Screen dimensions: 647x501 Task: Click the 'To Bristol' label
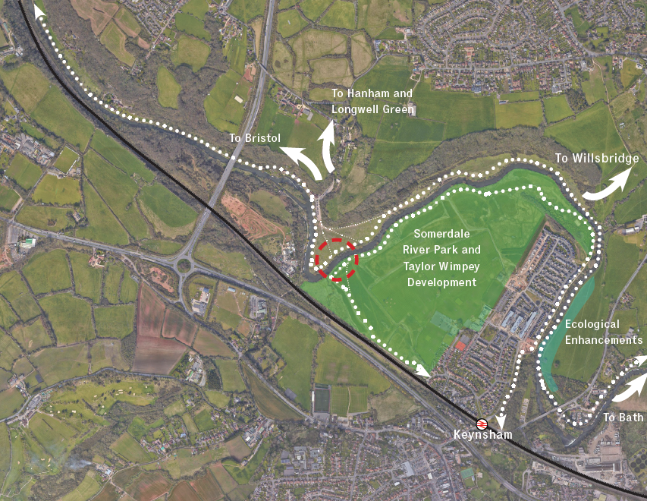click(x=254, y=138)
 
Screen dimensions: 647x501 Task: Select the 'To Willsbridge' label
click(x=596, y=159)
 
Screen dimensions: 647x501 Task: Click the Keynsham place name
click(x=482, y=435)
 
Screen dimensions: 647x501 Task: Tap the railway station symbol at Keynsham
click(x=481, y=424)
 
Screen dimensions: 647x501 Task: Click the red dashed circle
click(x=336, y=259)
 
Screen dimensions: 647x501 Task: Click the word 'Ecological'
click(x=592, y=324)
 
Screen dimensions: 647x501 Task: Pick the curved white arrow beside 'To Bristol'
click(x=301, y=159)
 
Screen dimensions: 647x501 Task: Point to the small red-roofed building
click(x=460, y=345)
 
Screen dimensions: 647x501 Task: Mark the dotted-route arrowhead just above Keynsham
click(x=499, y=421)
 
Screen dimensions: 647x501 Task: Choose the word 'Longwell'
click(x=353, y=109)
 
